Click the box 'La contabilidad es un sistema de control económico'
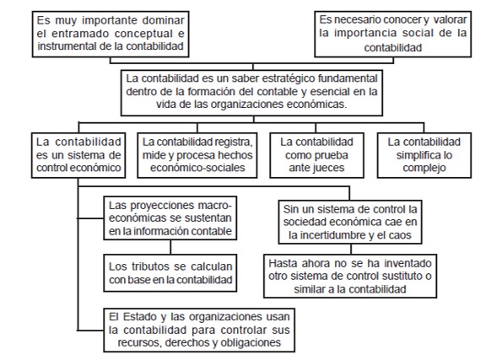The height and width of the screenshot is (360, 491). click(78, 155)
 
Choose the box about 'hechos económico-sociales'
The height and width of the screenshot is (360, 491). click(197, 155)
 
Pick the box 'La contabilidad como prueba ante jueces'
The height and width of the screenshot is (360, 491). click(317, 155)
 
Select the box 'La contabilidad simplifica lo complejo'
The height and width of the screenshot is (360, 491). click(424, 155)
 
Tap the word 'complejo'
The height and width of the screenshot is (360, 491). click(424, 168)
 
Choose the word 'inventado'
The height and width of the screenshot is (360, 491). click(407, 264)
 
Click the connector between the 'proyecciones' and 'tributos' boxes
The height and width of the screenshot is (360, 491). click(170, 247)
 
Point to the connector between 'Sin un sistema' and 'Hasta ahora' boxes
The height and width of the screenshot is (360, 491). click(351, 250)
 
